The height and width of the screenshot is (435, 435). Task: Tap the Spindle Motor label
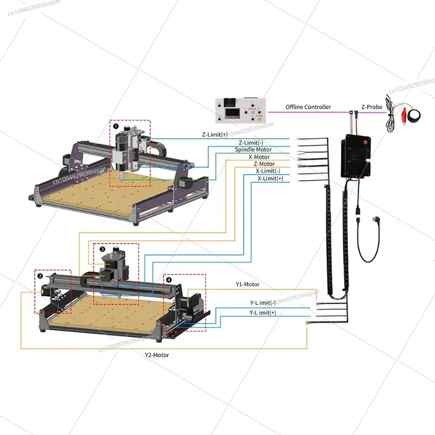(x=253, y=150)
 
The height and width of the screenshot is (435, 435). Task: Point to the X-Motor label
(x=259, y=157)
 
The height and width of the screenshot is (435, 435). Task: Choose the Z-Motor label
(x=264, y=164)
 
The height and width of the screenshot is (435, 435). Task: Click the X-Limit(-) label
(x=269, y=171)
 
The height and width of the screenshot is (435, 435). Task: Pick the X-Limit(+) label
(x=270, y=178)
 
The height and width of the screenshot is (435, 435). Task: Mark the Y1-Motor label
(x=247, y=284)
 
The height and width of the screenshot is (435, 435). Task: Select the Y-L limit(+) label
(x=263, y=313)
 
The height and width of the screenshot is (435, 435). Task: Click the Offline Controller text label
(x=308, y=107)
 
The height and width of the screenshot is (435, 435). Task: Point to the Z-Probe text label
(x=372, y=107)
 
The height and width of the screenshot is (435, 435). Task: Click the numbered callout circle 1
(x=115, y=126)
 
